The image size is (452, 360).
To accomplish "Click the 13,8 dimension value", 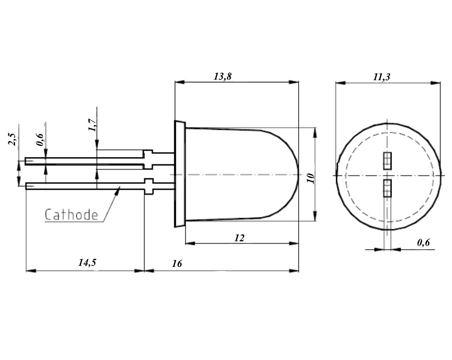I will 222,77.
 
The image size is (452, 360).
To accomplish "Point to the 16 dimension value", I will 177,264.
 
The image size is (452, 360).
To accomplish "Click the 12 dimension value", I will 239,238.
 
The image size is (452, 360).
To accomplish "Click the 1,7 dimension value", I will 93,127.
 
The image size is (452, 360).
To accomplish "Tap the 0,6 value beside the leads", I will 40,139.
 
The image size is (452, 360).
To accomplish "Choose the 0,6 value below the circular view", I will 424,242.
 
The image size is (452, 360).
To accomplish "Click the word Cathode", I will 71,215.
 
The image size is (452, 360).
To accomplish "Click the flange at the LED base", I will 179,174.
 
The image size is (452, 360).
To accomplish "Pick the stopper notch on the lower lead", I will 149,185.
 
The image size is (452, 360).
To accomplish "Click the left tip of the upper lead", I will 27,162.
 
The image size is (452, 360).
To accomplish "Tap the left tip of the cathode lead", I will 27,186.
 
